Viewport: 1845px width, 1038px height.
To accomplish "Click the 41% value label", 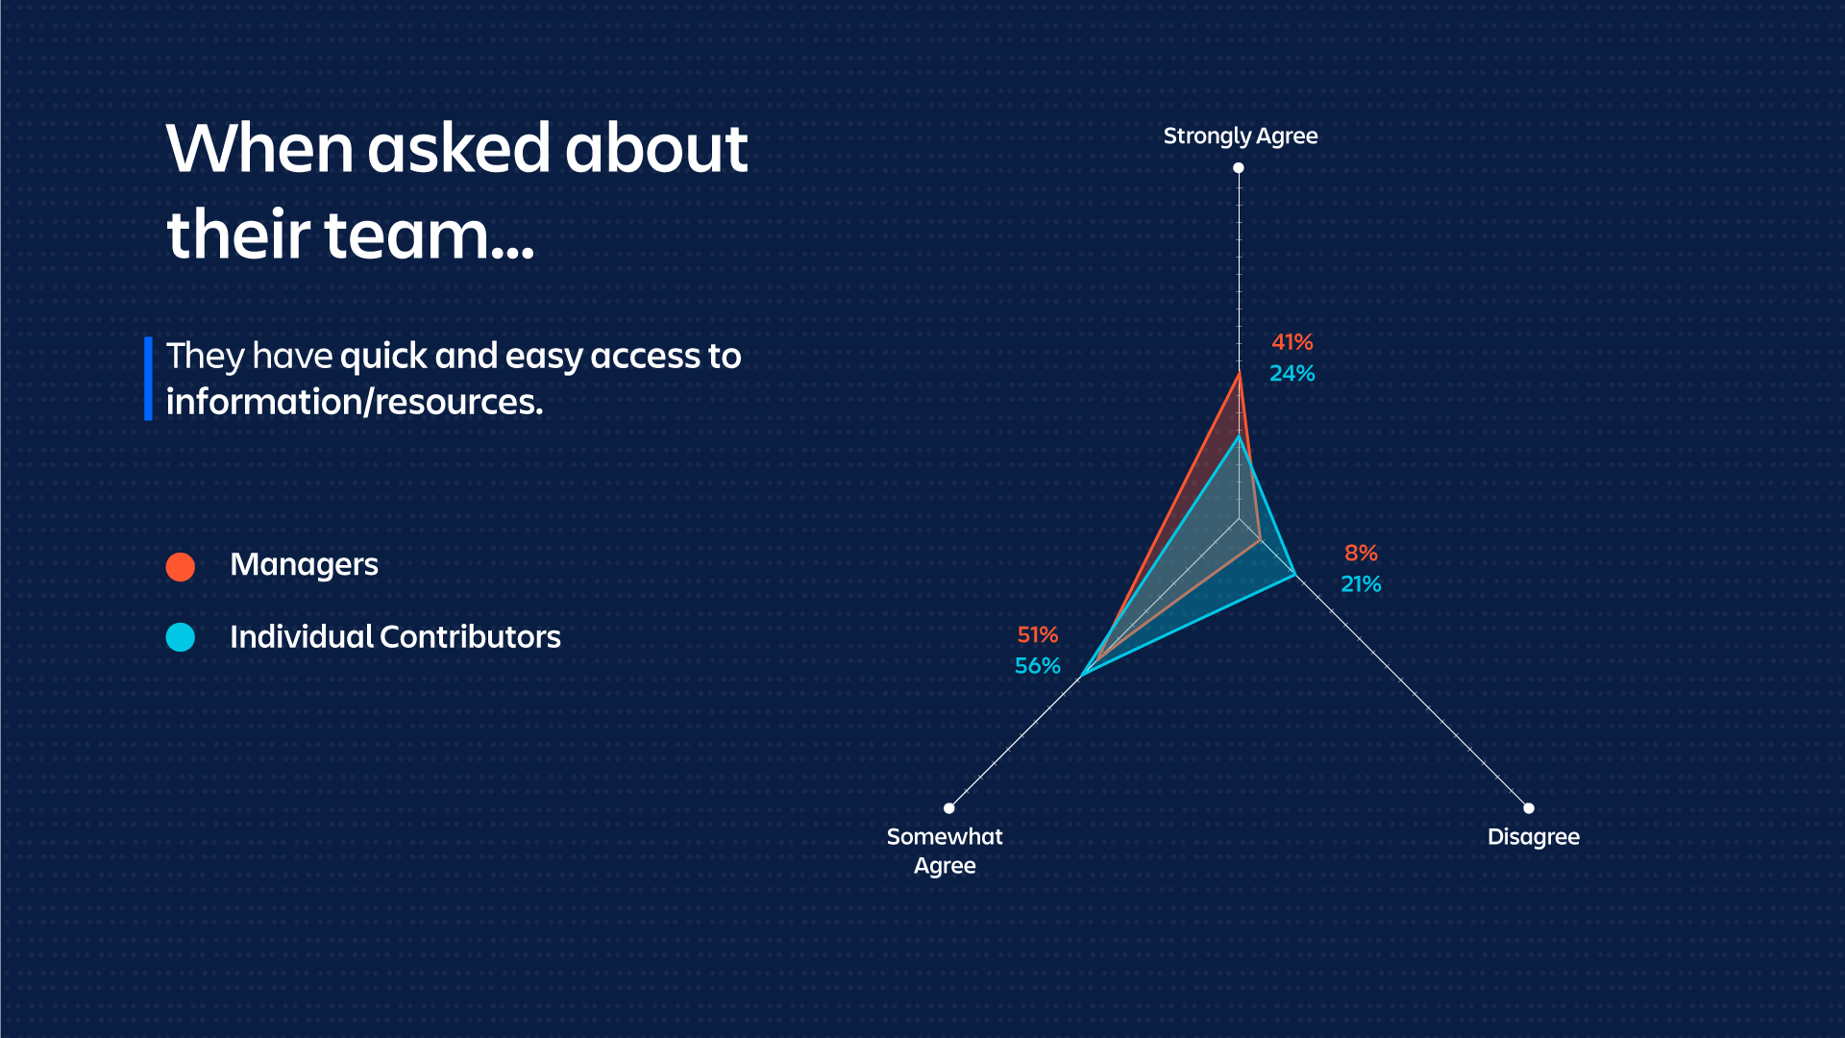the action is (1291, 342).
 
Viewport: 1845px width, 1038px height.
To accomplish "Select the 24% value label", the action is (1291, 373).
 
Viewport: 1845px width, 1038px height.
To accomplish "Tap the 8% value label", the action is (1361, 553).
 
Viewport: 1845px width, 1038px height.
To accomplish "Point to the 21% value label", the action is (1361, 583).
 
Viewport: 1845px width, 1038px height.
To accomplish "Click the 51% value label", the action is (1038, 634).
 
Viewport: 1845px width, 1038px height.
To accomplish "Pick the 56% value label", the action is (1038, 665).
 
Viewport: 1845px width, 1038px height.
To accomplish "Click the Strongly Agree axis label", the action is (1241, 136).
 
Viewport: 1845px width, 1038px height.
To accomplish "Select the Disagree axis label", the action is (1534, 837).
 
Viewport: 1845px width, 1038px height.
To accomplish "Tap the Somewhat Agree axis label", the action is (945, 851).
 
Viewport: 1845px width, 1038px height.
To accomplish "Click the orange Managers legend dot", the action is (181, 567).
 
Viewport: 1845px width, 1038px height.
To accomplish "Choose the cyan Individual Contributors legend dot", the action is (181, 637).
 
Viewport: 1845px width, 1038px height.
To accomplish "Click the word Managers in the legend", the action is (304, 565).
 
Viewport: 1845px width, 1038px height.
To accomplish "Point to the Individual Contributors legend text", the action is (395, 636).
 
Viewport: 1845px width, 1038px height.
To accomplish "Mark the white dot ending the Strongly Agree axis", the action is (1239, 167).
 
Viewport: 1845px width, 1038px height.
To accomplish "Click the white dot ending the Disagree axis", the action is (1529, 808).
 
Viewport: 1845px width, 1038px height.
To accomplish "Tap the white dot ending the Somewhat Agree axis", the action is (949, 808).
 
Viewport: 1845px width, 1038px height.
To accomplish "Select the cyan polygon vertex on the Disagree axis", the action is (1295, 575).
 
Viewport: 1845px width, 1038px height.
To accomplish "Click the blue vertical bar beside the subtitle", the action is (148, 379).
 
